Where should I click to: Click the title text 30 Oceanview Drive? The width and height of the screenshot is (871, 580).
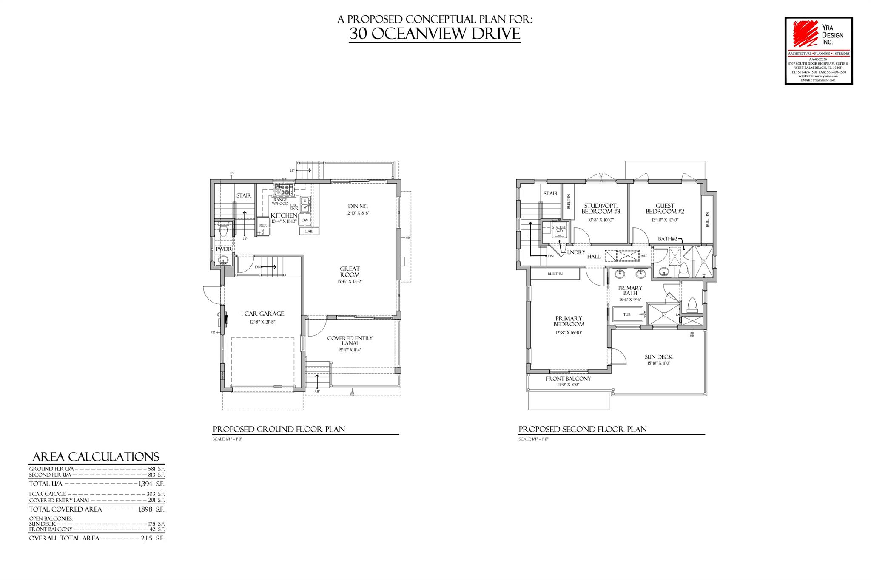click(435, 34)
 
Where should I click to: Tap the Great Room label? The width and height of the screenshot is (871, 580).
click(350, 272)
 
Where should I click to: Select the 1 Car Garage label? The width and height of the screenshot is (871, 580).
click(262, 314)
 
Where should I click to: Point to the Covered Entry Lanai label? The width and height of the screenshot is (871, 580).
click(350, 341)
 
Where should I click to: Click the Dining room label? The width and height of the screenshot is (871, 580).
click(357, 207)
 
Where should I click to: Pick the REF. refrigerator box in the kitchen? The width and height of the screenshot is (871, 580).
click(263, 229)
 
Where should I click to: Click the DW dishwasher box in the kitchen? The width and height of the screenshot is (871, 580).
click(305, 221)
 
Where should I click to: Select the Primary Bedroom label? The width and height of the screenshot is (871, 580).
click(569, 321)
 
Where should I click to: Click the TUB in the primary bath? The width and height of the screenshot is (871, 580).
click(627, 315)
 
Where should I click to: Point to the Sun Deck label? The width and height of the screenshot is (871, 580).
click(659, 357)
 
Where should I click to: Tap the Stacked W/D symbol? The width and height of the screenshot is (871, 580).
click(559, 229)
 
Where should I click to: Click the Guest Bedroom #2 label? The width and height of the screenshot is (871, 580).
click(665, 209)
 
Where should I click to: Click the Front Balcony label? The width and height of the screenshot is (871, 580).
click(568, 379)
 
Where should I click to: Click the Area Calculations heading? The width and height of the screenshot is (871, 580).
click(96, 457)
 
